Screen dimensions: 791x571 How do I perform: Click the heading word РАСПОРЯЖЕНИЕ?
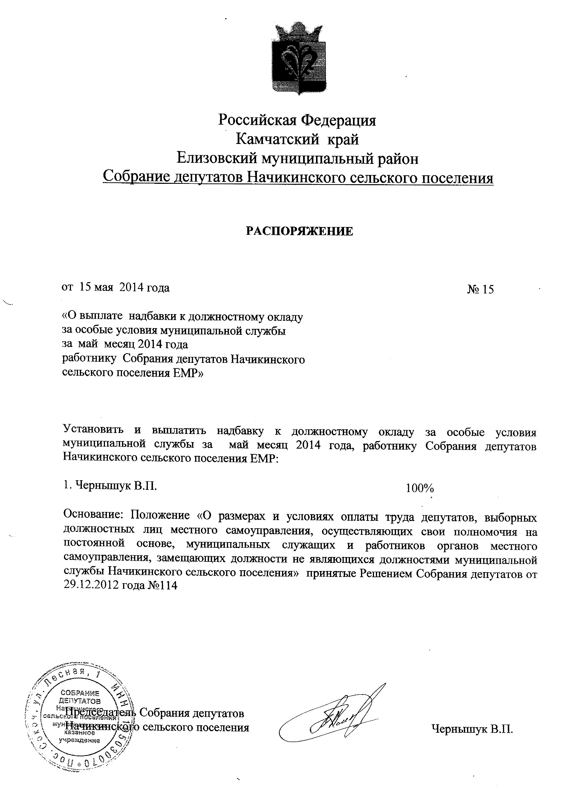click(299, 231)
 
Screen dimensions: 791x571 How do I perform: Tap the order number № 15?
click(480, 289)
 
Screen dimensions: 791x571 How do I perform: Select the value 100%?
click(419, 488)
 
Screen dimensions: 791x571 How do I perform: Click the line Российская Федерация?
click(298, 120)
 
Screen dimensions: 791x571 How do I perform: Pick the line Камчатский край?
click(298, 140)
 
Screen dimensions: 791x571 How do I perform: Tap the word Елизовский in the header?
click(216, 159)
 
